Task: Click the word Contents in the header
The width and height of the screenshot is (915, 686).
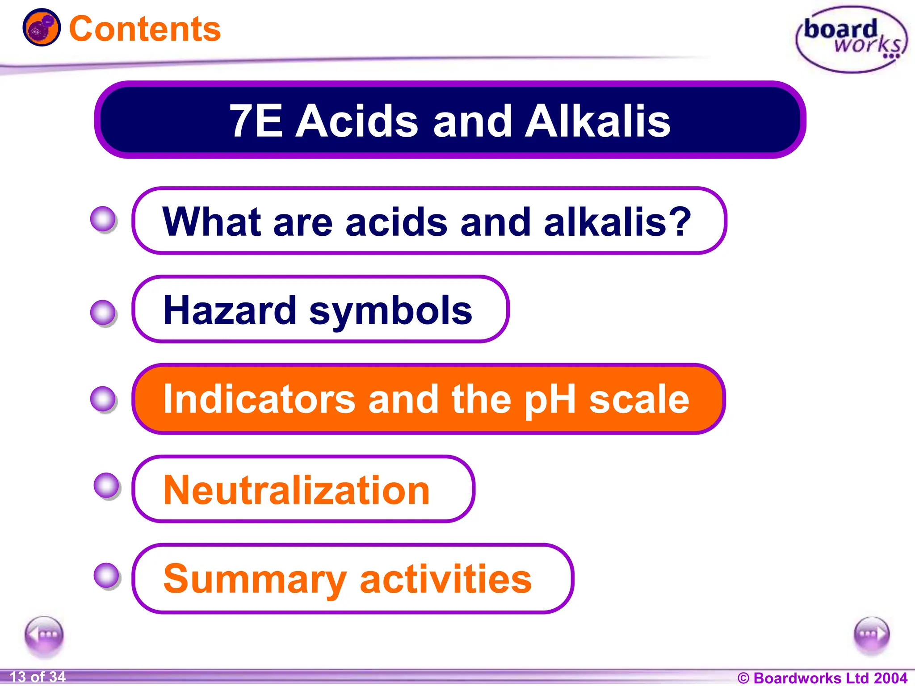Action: pyautogui.click(x=145, y=29)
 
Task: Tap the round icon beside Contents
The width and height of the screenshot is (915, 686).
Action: pyautogui.click(x=42, y=27)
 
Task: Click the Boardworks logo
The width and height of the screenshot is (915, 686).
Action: pyautogui.click(x=852, y=39)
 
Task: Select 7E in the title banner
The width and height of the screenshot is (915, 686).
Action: pyautogui.click(x=256, y=121)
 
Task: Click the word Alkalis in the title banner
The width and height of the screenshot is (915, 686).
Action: pyautogui.click(x=597, y=121)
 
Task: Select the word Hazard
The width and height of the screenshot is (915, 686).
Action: pyautogui.click(x=230, y=310)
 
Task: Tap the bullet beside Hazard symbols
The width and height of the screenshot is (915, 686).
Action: pyautogui.click(x=103, y=312)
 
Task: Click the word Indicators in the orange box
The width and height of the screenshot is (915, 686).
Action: pyautogui.click(x=260, y=399)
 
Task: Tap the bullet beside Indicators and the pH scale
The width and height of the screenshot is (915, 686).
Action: pyautogui.click(x=103, y=398)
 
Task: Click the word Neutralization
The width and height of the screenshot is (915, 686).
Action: pyautogui.click(x=296, y=490)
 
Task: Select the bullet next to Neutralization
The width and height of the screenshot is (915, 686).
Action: pyautogui.click(x=107, y=485)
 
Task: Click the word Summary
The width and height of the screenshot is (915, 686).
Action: pyautogui.click(x=255, y=580)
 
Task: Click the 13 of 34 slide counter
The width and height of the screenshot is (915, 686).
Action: pyautogui.click(x=38, y=677)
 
